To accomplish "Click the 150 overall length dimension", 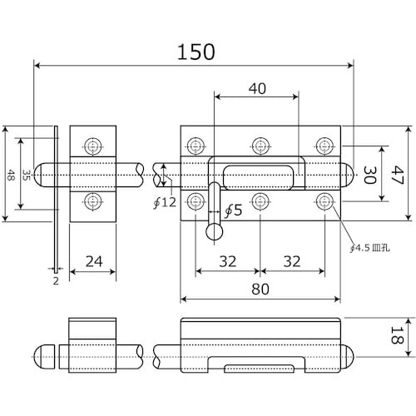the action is (x=196, y=52).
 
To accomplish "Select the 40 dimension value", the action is (x=257, y=89).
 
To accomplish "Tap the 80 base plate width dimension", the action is (x=260, y=289).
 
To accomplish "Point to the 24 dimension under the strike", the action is (x=94, y=261).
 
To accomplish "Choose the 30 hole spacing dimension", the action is (x=369, y=176).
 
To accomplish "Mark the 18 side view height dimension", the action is (x=397, y=335).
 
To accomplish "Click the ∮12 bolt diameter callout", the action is (x=165, y=202).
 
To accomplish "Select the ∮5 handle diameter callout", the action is (x=233, y=210).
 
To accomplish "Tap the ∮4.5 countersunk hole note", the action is (x=370, y=248).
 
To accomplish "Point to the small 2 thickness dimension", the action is (x=56, y=281).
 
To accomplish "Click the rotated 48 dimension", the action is (x=10, y=176).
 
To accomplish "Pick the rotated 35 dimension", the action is (x=26, y=176).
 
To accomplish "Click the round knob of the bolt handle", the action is (x=214, y=231).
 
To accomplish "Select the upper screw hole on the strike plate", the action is (x=92, y=146).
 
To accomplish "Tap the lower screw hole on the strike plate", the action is (x=92, y=201).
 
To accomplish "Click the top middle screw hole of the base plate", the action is (x=260, y=146).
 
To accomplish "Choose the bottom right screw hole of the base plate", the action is (x=324, y=201).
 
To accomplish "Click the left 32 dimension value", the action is (x=228, y=261).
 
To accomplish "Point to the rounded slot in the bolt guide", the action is (x=258, y=178).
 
